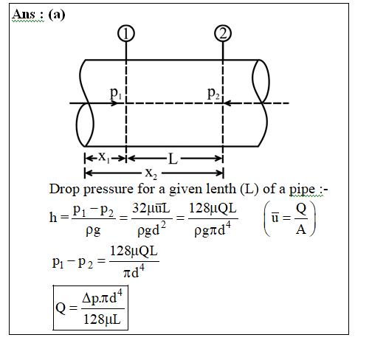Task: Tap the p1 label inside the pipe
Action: click(x=116, y=93)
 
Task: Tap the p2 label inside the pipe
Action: click(x=213, y=93)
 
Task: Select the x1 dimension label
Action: click(x=104, y=157)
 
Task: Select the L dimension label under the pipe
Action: click(x=173, y=159)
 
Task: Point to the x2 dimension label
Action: click(x=151, y=173)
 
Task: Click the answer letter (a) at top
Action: click(x=57, y=15)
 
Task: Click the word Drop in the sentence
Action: click(x=64, y=190)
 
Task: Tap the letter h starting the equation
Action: click(x=53, y=218)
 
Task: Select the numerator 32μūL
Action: click(x=151, y=209)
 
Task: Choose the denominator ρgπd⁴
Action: click(x=213, y=229)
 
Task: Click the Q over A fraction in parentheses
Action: click(x=301, y=219)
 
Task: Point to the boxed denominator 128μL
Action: click(x=102, y=319)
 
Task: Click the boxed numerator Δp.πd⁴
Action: click(x=102, y=297)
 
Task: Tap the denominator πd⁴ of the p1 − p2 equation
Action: click(x=134, y=271)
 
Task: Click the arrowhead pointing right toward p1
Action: click(x=114, y=103)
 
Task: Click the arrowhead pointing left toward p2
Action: click(x=227, y=103)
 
